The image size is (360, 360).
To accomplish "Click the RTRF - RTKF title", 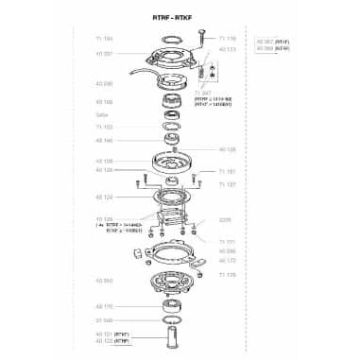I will (180, 18).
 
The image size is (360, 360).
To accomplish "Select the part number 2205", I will (224, 218).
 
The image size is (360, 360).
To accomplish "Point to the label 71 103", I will (104, 126).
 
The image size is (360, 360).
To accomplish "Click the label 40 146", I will (104, 139).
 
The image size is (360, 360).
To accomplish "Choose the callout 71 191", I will (227, 171).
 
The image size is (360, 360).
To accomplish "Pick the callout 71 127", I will (227, 185).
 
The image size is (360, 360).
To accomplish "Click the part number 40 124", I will (104, 197).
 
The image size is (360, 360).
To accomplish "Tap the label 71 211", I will (227, 242).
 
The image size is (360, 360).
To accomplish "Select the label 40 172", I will (227, 259).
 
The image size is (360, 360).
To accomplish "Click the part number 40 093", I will (104, 281).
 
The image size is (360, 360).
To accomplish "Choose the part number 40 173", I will (227, 47).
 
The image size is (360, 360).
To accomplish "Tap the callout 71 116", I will (227, 39).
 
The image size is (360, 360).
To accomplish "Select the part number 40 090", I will (104, 83).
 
